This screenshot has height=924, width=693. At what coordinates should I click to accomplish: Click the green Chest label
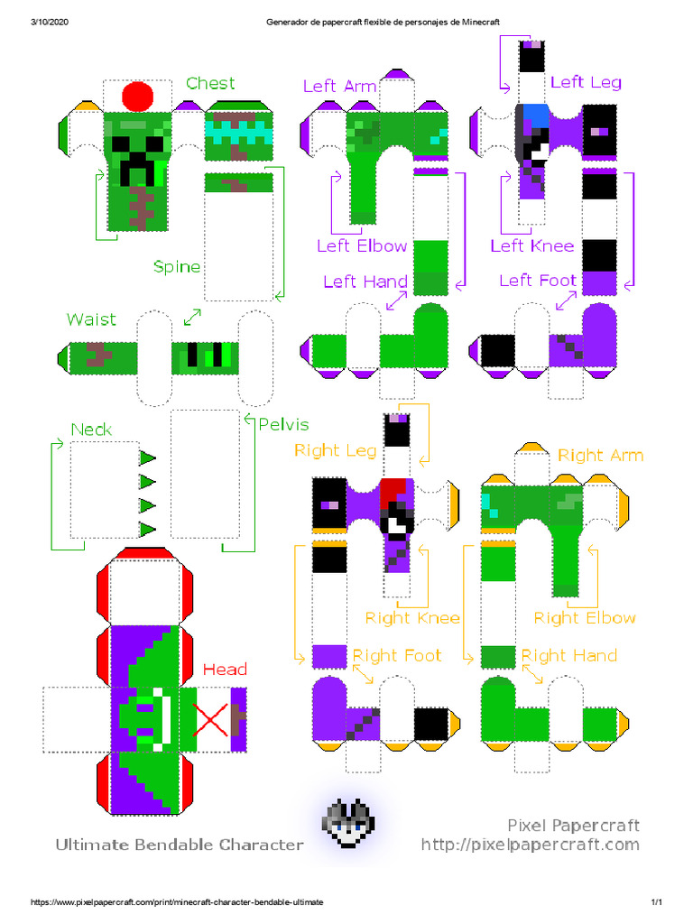pyautogui.click(x=210, y=84)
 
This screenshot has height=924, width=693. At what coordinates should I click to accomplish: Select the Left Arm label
pyautogui.click(x=339, y=86)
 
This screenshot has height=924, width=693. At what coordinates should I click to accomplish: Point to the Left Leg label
pyautogui.click(x=586, y=82)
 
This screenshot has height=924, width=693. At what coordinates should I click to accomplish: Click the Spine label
pyautogui.click(x=177, y=267)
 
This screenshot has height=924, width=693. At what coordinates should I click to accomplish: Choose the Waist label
pyautogui.click(x=91, y=319)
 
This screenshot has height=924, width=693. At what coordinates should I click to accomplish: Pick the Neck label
pyautogui.click(x=91, y=430)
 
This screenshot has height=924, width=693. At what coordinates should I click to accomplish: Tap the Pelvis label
pyautogui.click(x=283, y=424)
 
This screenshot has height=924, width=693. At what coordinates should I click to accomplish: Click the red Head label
pyautogui.click(x=225, y=670)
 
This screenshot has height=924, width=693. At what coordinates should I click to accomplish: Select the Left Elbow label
pyautogui.click(x=362, y=245)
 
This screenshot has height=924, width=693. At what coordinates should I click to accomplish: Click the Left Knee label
pyautogui.click(x=532, y=245)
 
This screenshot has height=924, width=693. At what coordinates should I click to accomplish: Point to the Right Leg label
pyautogui.click(x=335, y=450)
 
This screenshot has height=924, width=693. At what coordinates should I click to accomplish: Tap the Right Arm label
pyautogui.click(x=601, y=455)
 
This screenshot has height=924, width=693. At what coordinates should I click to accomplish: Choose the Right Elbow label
pyautogui.click(x=585, y=618)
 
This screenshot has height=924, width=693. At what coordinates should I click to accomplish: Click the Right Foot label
pyautogui.click(x=396, y=655)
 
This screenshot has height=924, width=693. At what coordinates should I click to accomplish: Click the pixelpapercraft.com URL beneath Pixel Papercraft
pyautogui.click(x=531, y=845)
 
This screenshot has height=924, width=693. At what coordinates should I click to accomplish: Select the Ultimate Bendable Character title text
pyautogui.click(x=180, y=845)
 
